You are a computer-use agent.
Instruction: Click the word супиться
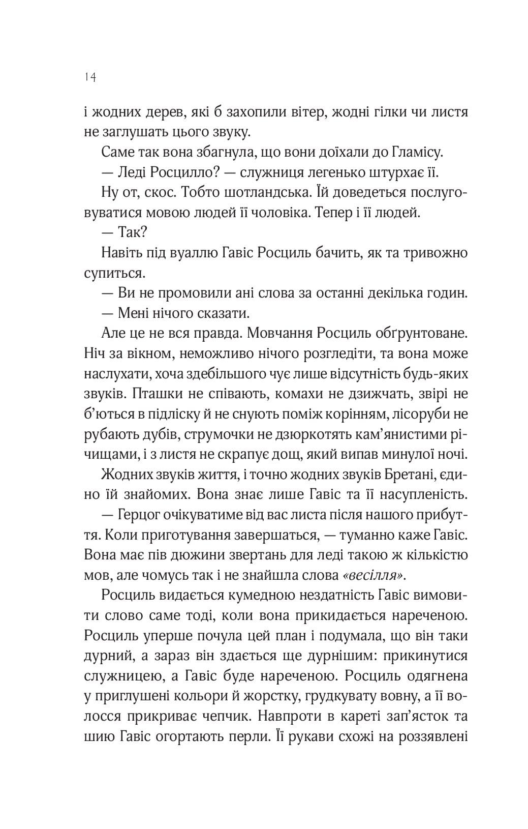[115, 274]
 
